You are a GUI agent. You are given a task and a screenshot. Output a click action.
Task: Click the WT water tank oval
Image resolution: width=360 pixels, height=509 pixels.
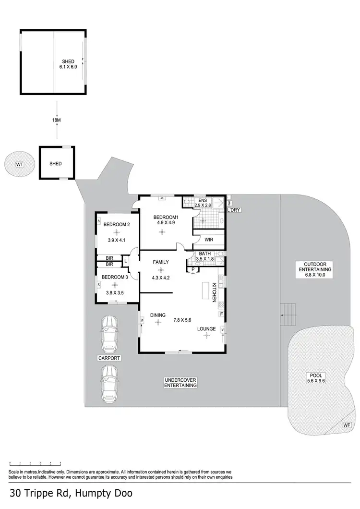[20, 165]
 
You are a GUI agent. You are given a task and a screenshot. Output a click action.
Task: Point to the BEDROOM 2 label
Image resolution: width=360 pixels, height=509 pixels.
[117, 225]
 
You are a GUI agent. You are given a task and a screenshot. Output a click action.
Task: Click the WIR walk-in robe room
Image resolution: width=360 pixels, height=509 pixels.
[209, 239]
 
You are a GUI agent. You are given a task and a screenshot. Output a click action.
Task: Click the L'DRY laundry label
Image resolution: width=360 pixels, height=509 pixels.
[234, 210]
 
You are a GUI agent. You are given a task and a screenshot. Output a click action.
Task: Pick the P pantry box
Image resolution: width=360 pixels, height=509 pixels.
[193, 270]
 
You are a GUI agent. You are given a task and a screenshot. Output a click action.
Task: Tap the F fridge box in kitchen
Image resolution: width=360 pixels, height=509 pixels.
[221, 315]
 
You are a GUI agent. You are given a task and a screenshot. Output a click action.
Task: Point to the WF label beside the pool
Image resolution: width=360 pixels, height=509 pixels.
[347, 425]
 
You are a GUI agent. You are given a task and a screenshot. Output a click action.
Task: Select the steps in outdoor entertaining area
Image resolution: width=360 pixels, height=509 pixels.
[288, 315]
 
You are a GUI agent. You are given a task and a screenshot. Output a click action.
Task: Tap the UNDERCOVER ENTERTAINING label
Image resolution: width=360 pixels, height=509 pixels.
[181, 382]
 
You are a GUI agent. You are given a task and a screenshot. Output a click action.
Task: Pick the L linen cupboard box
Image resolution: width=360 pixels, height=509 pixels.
[125, 261]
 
